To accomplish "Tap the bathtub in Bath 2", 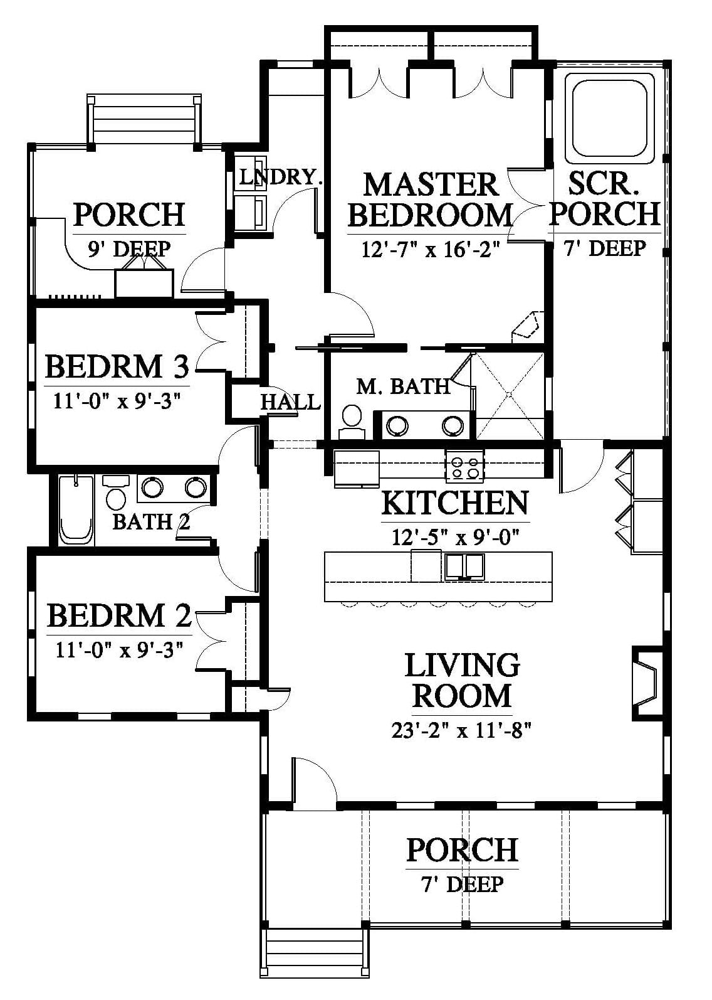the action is point(76,510).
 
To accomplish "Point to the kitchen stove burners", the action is point(464,467).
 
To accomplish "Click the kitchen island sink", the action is point(464,566).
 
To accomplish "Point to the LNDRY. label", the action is point(281,178).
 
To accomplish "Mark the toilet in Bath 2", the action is point(115,491).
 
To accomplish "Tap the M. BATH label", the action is point(403,386).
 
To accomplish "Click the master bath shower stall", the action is point(509,395).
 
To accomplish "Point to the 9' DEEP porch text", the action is point(129,249).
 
